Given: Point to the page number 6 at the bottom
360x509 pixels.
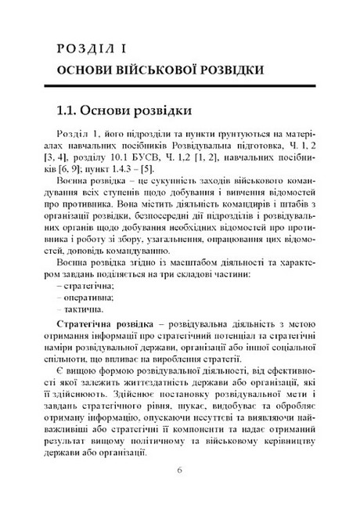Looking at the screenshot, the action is coord(179,471).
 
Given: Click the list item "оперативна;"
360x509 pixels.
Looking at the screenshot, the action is coord(88,298).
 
